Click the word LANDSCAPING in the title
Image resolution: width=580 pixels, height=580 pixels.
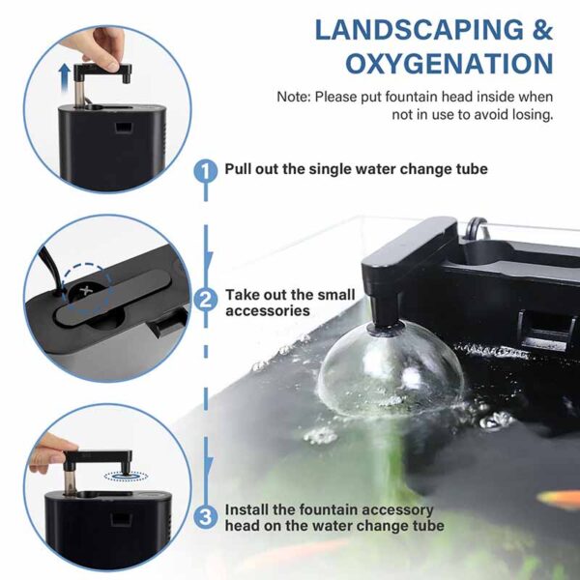tap(420, 30)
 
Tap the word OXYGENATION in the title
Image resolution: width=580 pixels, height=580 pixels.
tap(449, 63)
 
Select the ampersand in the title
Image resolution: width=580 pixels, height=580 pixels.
tap(542, 30)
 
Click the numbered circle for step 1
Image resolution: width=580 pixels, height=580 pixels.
tap(206, 170)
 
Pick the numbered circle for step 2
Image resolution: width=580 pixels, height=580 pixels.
tap(206, 300)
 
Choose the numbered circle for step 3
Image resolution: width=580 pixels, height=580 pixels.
tap(206, 517)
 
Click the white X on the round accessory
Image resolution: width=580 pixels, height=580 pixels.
tap(86, 290)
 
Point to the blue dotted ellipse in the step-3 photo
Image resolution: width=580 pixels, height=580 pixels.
tap(126, 476)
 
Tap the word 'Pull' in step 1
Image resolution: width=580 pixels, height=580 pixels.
tap(238, 169)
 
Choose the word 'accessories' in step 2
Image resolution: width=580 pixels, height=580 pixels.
tap(268, 310)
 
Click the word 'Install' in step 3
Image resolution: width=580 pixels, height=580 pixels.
tap(247, 509)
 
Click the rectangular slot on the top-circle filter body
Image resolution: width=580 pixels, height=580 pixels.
tap(123, 128)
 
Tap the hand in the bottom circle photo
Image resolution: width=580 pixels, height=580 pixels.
tap(50, 453)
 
